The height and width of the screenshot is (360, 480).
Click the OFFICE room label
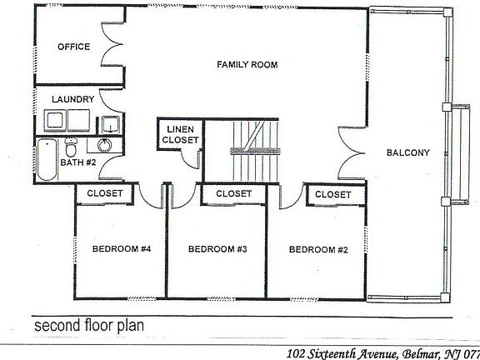pyautogui.click(x=73, y=47)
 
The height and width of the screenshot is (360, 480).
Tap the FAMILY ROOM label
pyautogui.click(x=247, y=64)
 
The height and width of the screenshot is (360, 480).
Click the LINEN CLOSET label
pyautogui.click(x=182, y=135)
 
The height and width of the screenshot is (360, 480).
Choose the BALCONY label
pyautogui.click(x=407, y=152)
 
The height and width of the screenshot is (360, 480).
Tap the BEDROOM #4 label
pyautogui.click(x=120, y=248)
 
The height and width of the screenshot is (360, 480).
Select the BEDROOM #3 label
pyautogui.click(x=217, y=248)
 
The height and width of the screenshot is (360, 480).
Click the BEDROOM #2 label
pyautogui.click(x=317, y=248)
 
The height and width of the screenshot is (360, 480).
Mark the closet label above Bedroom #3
pyautogui.click(x=233, y=193)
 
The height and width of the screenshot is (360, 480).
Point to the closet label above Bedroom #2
pyautogui.click(x=332, y=193)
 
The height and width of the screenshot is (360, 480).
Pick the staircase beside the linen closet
pyautogui.click(x=250, y=139)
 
